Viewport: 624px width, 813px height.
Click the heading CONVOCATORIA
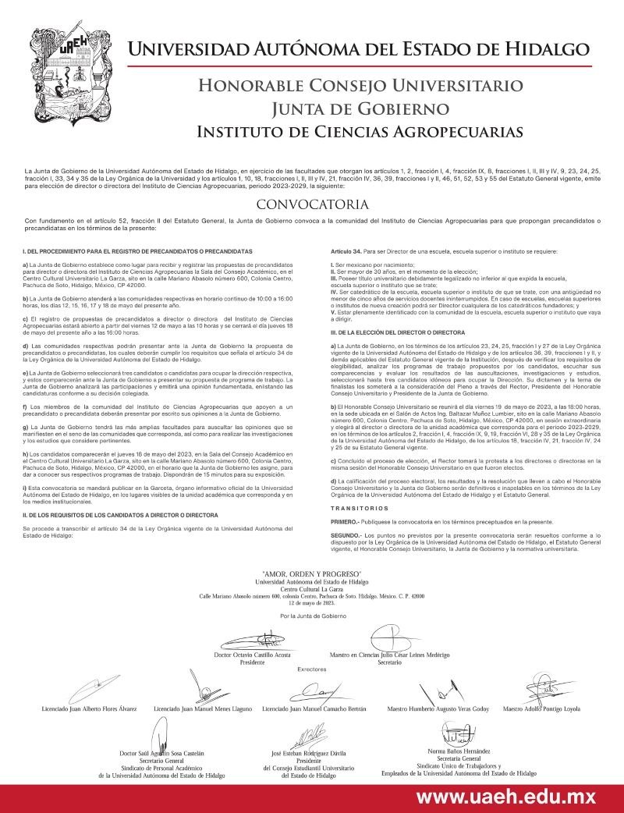(312, 206)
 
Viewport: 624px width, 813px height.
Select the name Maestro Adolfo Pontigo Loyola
(542, 709)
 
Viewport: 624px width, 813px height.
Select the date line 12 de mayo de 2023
(312, 603)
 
